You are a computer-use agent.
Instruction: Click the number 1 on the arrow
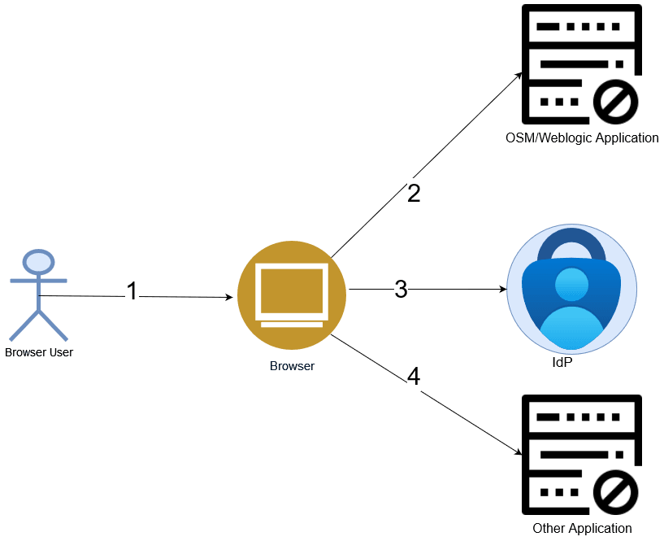132,290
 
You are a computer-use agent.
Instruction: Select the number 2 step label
414,193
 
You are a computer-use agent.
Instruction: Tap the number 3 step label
401,289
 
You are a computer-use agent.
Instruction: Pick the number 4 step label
414,377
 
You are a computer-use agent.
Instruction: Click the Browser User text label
39,352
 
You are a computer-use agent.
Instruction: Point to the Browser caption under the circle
292,366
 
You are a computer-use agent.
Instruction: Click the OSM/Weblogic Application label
582,137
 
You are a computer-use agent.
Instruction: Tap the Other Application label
582,529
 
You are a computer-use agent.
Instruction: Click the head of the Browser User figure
38,262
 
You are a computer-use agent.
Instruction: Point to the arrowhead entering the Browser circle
229,297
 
